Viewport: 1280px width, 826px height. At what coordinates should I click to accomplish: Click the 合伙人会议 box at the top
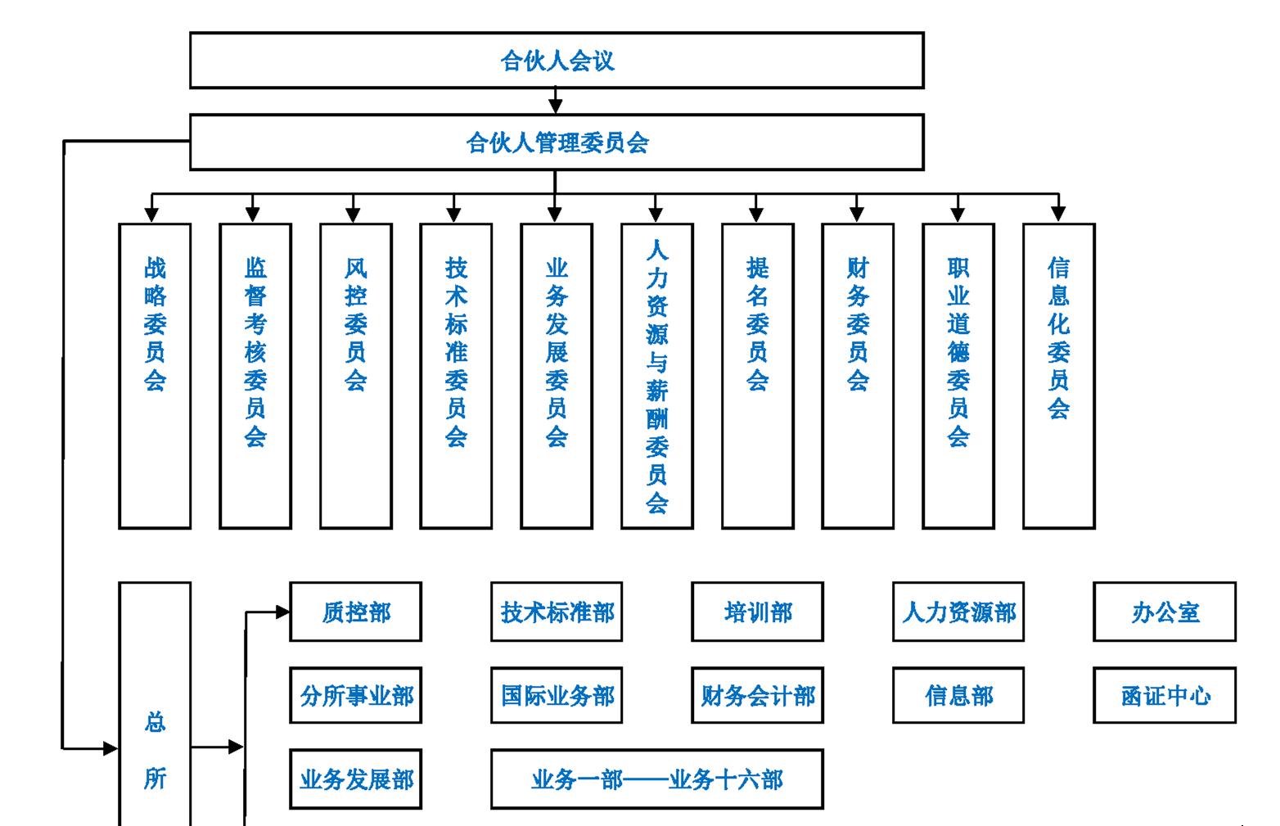(x=557, y=61)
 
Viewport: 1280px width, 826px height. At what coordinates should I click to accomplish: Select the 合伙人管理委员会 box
(x=557, y=142)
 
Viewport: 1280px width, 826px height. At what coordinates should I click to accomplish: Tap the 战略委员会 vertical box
(x=155, y=376)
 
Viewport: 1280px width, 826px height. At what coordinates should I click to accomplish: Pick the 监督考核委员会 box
(x=255, y=376)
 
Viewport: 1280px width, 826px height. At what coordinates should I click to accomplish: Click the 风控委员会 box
(x=356, y=376)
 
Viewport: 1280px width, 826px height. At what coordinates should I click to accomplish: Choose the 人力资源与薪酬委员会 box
(x=657, y=376)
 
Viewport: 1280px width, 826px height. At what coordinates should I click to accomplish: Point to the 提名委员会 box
(x=758, y=376)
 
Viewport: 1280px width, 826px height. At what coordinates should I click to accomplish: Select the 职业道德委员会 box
(x=958, y=376)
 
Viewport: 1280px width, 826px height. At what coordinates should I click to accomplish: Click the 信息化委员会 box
(x=1059, y=376)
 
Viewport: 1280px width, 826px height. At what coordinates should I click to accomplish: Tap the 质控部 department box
(x=356, y=612)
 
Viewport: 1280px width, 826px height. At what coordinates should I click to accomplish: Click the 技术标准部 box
(x=557, y=612)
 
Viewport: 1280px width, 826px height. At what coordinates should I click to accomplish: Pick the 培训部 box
(x=757, y=612)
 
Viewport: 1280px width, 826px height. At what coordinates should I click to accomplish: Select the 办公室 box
(x=1165, y=612)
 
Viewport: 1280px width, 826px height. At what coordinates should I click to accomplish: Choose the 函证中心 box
(x=1165, y=696)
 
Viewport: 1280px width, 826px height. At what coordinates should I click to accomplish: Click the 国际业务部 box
(x=557, y=696)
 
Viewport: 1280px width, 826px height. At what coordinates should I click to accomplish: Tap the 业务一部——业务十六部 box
(x=657, y=779)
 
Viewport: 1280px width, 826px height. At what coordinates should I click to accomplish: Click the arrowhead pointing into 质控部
(x=282, y=612)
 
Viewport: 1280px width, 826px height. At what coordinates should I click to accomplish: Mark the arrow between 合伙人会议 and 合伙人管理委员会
(x=556, y=102)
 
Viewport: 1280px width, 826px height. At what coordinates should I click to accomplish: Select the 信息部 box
(x=958, y=696)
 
